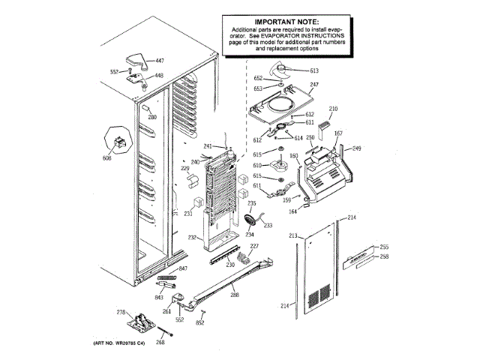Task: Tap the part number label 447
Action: (160, 60)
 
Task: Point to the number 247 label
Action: (315, 85)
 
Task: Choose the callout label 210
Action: (333, 109)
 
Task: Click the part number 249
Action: (357, 148)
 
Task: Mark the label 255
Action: (384, 247)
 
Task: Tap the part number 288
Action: (235, 295)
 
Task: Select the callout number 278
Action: (119, 312)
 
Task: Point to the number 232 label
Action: (192, 238)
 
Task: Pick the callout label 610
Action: (256, 165)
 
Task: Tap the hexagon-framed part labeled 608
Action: (120, 140)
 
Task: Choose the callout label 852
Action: (200, 322)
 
